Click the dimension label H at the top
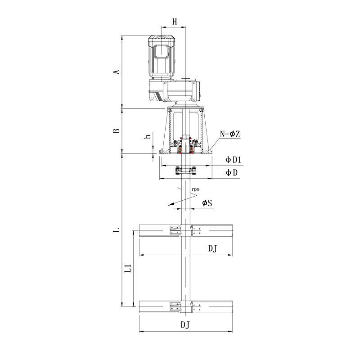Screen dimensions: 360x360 click(175, 22)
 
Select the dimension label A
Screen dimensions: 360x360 click(117, 72)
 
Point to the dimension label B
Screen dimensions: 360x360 click(117, 130)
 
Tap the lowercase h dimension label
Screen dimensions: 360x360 click(148, 136)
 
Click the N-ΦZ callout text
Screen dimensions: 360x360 click(230, 134)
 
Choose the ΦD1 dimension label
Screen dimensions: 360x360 click(233, 160)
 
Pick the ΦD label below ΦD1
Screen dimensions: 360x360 click(231, 173)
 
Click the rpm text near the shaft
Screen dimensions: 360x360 click(195, 189)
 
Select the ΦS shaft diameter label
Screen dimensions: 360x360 click(207, 203)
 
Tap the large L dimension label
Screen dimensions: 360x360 click(117, 230)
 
